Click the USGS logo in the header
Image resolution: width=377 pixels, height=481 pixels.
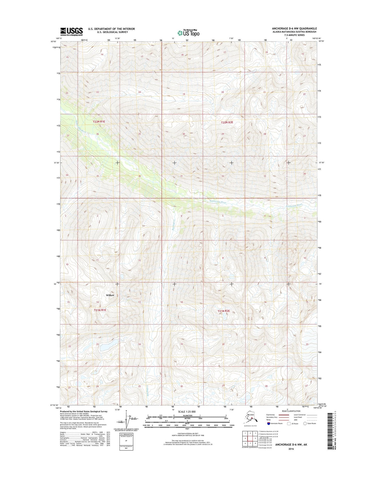coord(71,32)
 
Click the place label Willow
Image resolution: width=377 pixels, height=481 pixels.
coord(110,295)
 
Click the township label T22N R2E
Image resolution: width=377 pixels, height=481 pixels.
coord(227,122)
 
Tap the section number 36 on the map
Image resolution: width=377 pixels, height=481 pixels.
coord(140,176)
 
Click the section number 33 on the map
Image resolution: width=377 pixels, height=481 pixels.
coord(265,176)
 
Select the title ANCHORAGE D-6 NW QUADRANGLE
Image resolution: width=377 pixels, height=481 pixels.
coord(294,28)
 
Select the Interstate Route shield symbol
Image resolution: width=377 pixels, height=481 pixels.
coord(268,423)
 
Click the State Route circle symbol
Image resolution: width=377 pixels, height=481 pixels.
coord(305,423)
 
